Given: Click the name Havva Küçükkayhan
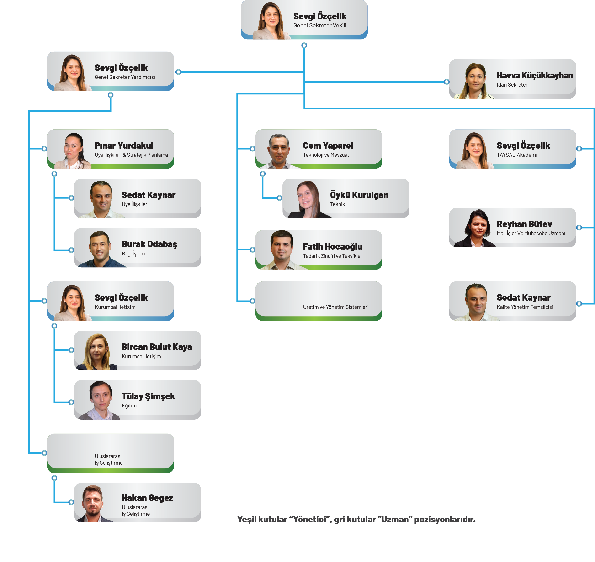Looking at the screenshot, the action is click(535, 75).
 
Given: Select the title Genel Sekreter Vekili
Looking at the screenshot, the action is click(320, 26).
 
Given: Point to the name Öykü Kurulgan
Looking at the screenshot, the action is click(359, 195).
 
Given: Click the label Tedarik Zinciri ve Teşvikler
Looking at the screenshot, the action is click(332, 256).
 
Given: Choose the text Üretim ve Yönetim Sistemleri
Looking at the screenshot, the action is click(336, 307).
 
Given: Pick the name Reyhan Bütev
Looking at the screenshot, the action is click(524, 224).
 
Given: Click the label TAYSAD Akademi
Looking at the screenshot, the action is click(517, 155).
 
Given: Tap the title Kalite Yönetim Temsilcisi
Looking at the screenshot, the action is click(525, 307).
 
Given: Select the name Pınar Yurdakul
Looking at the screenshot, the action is click(124, 146).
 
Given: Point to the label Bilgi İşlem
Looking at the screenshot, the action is click(133, 254).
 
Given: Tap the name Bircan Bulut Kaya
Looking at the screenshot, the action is click(157, 347).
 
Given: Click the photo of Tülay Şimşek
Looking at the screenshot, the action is click(100, 400).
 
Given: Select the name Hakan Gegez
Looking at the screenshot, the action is click(147, 498).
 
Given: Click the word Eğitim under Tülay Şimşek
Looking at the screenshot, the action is click(129, 406).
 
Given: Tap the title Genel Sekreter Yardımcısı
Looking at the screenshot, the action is click(125, 77).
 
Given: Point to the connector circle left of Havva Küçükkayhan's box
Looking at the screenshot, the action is click(446, 82).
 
